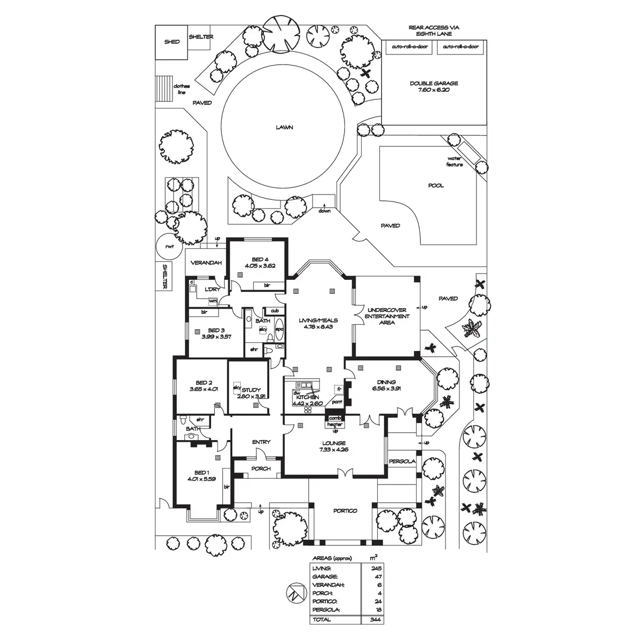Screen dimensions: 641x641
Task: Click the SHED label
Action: coord(172,42)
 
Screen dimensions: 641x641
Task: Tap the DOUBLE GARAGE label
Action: coord(434,83)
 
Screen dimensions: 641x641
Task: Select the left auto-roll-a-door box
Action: coord(410,47)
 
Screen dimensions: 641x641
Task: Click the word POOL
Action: coord(436,186)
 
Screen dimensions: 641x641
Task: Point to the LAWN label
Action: coord(285,128)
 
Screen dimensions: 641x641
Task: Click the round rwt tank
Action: coord(169,247)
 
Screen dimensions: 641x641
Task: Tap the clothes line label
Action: coord(182,89)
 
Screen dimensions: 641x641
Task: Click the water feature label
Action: coord(455,162)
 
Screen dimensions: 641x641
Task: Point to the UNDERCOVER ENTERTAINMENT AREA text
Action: coord(387,316)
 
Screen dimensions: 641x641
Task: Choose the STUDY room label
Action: coord(250,390)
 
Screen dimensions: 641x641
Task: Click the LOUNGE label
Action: coord(334,443)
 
